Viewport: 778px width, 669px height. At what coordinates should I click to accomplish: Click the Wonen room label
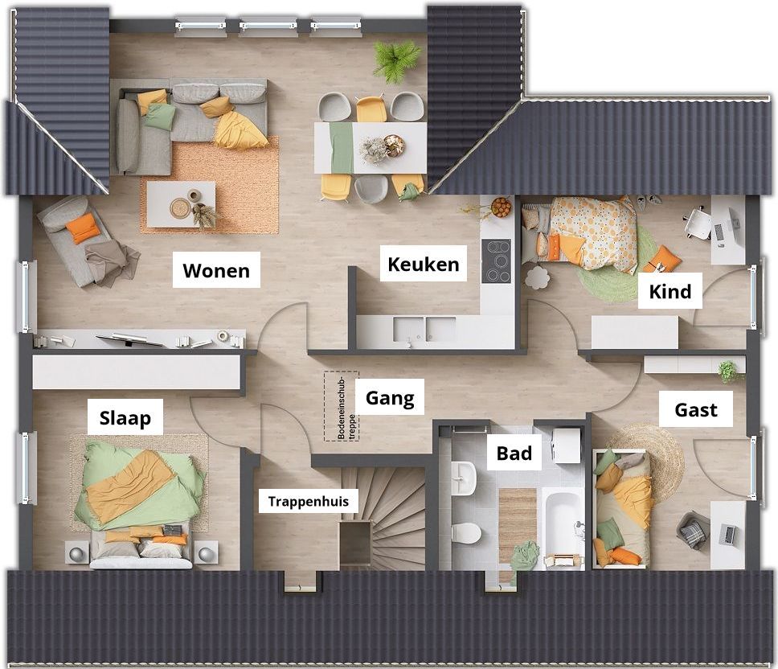pyautogui.click(x=216, y=270)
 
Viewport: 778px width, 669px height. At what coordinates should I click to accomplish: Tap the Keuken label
pyautogui.click(x=424, y=264)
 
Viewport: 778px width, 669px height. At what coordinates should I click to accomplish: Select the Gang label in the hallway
pyautogui.click(x=390, y=398)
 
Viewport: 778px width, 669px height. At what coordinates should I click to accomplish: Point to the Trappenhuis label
pyautogui.click(x=308, y=501)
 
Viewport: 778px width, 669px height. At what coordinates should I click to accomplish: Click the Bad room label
pyautogui.click(x=514, y=454)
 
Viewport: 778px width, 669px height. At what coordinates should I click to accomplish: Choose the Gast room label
pyautogui.click(x=696, y=410)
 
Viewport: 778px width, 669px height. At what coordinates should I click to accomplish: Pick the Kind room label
pyautogui.click(x=669, y=291)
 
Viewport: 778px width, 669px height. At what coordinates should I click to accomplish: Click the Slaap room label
pyautogui.click(x=125, y=418)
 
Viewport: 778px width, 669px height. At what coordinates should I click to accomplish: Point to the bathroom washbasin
pyautogui.click(x=464, y=478)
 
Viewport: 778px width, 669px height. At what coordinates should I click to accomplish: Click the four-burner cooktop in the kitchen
pyautogui.click(x=497, y=261)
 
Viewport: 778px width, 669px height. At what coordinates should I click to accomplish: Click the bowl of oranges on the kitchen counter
pyautogui.click(x=502, y=207)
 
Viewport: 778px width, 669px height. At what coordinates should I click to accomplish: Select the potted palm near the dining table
pyautogui.click(x=397, y=60)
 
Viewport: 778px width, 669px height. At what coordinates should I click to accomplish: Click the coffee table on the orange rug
pyautogui.click(x=182, y=204)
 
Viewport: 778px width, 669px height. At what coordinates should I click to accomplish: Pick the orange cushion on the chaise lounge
pyautogui.click(x=81, y=228)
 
